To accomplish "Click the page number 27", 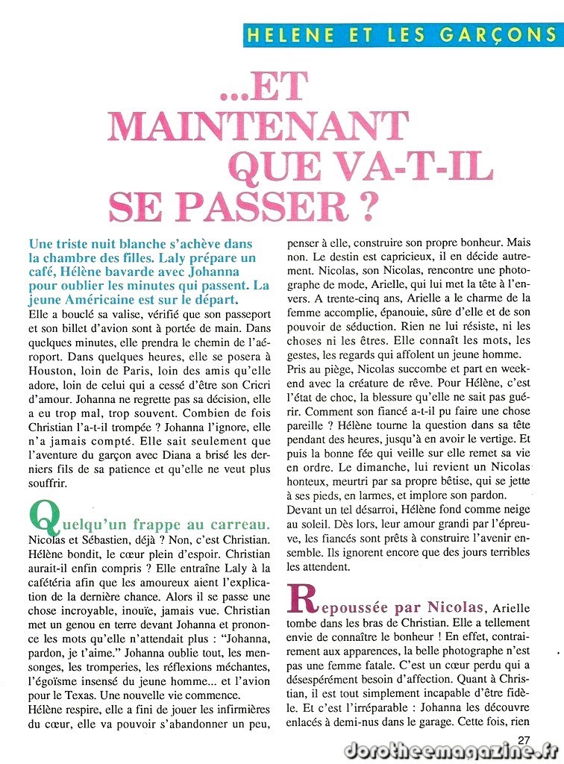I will [x=524, y=739].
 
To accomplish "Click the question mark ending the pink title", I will [x=363, y=206].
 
